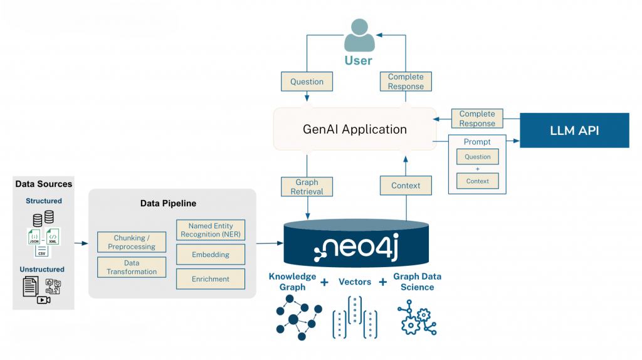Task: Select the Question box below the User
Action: point(307,82)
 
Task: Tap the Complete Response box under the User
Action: point(406,82)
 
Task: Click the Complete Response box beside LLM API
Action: point(477,119)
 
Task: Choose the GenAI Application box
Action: point(354,129)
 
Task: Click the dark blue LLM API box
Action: point(574,130)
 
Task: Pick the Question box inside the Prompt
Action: point(478,157)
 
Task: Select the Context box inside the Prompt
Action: point(478,181)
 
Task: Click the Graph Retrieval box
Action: point(307,186)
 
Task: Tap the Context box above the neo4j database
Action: point(406,186)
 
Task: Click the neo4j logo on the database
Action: point(355,248)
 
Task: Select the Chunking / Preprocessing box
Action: point(132,242)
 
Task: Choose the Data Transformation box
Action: point(132,267)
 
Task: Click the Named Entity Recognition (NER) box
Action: point(210,230)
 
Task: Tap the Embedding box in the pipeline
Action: point(210,255)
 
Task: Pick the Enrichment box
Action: point(210,279)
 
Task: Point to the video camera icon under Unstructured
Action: point(43,300)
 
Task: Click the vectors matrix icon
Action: point(355,317)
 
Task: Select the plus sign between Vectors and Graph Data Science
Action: point(382,282)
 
